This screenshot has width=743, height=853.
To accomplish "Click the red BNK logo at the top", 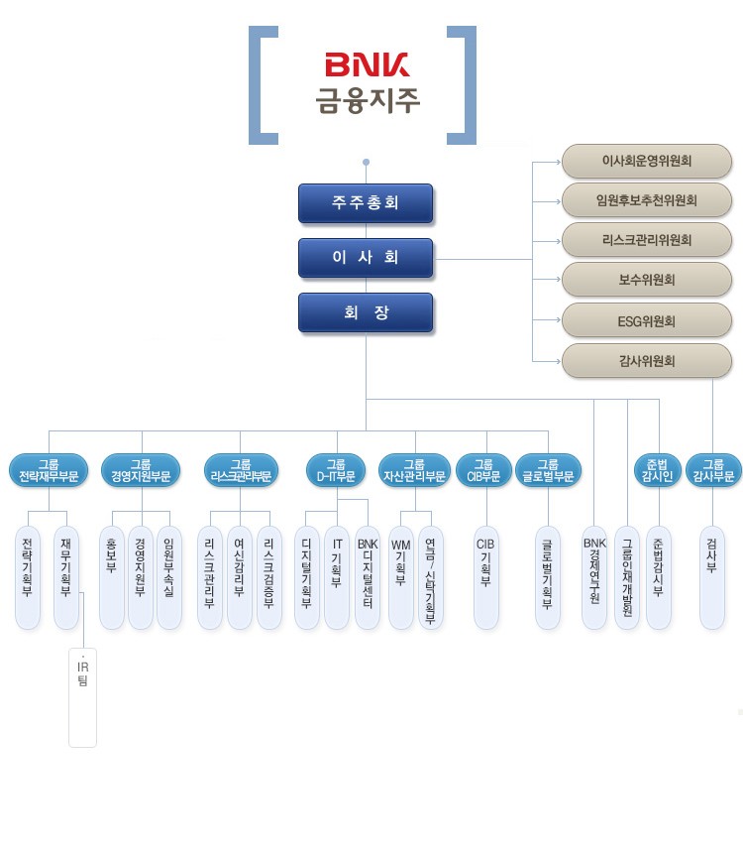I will [367, 66].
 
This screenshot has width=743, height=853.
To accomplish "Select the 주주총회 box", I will [366, 203].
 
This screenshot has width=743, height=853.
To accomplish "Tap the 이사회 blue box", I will [366, 258].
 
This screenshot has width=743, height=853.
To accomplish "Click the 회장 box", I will [366, 312].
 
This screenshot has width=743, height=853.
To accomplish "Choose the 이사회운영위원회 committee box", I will [647, 161].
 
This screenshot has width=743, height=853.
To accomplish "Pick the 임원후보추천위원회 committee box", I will [647, 200].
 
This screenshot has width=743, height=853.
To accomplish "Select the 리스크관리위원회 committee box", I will [647, 240].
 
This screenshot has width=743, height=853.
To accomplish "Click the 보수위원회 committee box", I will [647, 281].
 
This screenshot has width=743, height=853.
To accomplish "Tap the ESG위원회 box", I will [647, 321].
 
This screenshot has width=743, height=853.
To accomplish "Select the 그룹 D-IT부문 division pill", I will [336, 470].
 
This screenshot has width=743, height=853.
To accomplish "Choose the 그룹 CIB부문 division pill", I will [483, 470].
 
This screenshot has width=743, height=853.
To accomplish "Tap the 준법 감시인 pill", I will [657, 470].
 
